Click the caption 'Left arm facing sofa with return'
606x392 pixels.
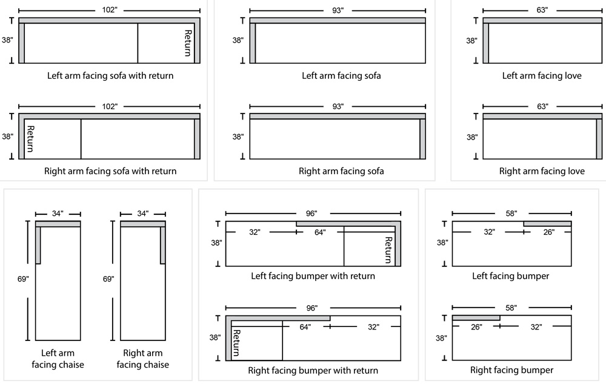(x=110, y=76)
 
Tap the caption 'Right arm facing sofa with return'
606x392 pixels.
(x=110, y=171)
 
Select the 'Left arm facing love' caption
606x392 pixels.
(x=542, y=76)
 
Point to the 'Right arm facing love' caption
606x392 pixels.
(x=542, y=171)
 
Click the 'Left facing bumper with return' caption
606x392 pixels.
(x=313, y=276)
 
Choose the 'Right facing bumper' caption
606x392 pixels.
(x=511, y=370)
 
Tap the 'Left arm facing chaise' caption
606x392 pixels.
(x=58, y=359)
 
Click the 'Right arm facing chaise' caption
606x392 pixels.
(x=142, y=359)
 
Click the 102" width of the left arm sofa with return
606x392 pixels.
(x=110, y=10)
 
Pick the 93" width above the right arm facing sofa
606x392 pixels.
(x=338, y=106)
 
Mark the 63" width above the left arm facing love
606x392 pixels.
(x=542, y=10)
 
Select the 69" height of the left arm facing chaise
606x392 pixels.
(x=24, y=279)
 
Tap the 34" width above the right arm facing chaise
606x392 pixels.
(x=142, y=214)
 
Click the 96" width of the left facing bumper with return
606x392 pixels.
(x=312, y=214)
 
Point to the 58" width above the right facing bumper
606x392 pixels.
(x=511, y=308)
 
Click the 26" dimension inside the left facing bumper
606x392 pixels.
(x=548, y=232)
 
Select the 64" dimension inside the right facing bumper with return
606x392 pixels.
(x=305, y=327)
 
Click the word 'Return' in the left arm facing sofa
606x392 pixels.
(x=188, y=42)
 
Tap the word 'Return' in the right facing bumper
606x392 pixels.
(x=237, y=343)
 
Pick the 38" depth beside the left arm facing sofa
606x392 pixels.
(x=238, y=41)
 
